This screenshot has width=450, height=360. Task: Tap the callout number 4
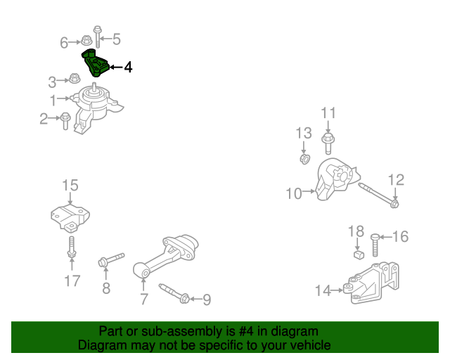click(127, 67)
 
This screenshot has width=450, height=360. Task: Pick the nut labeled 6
click(86, 40)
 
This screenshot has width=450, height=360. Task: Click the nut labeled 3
click(75, 79)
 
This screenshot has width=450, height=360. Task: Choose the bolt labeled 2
click(65, 120)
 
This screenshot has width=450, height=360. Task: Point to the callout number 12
click(397, 180)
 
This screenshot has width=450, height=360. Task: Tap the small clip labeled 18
click(357, 255)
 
